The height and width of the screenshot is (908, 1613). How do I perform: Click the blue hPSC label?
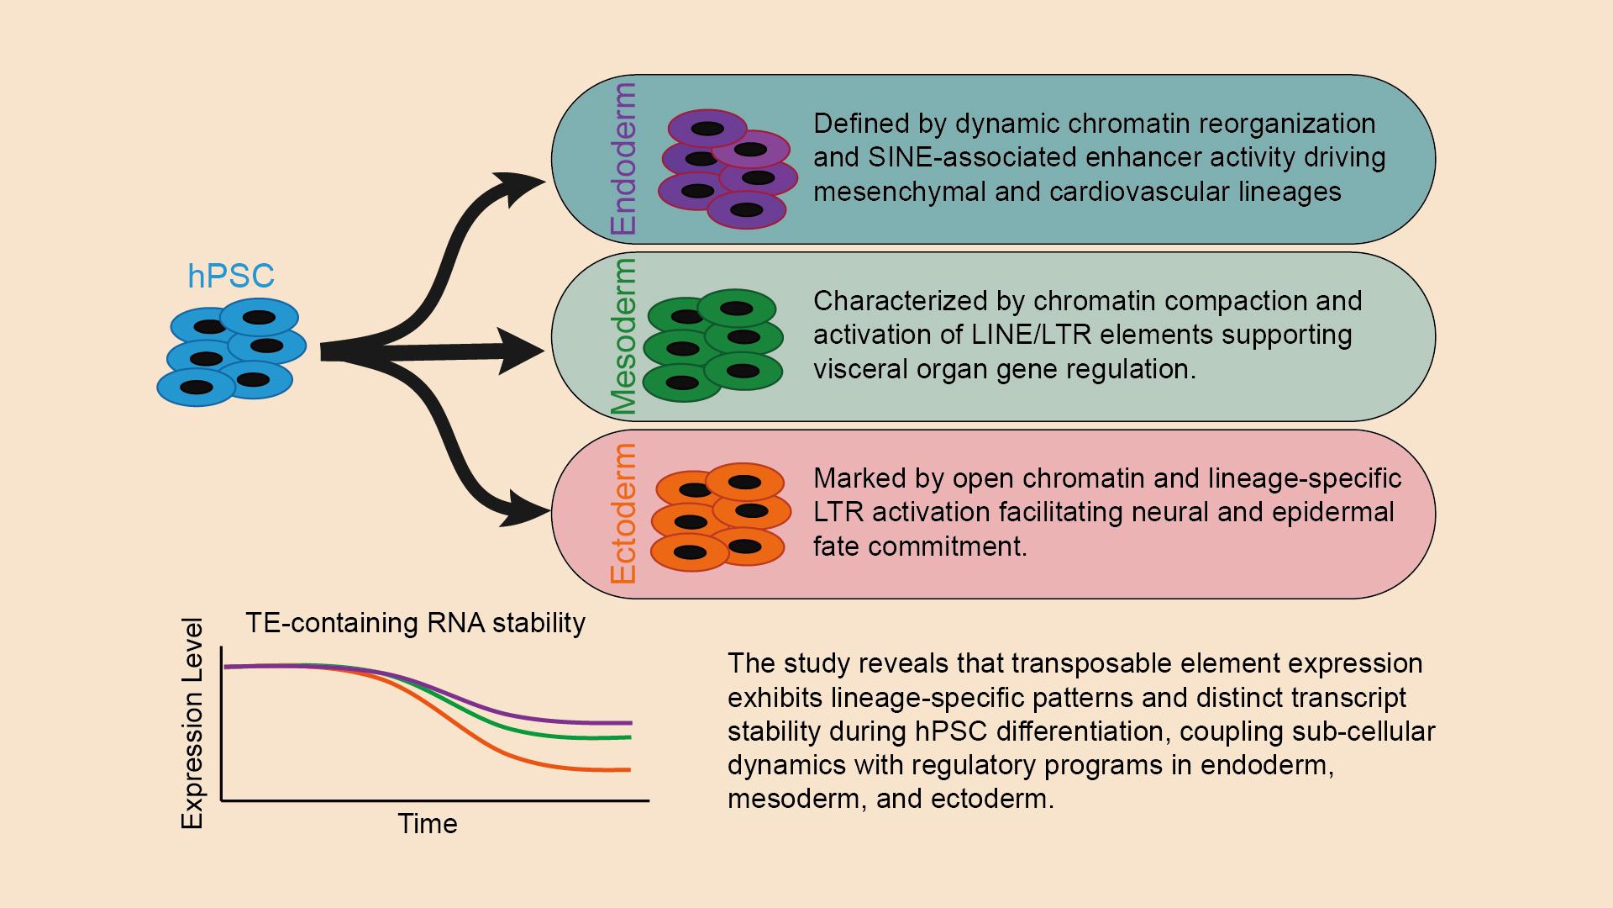click(x=231, y=276)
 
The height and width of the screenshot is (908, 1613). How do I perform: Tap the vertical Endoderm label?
click(x=624, y=159)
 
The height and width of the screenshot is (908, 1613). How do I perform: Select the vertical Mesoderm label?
click(x=624, y=337)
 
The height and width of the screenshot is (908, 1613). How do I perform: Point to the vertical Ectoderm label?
click(x=624, y=515)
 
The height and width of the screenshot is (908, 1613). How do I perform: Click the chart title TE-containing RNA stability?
click(x=415, y=623)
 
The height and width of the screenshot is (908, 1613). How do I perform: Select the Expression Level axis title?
click(x=192, y=724)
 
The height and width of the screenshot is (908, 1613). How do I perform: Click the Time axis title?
click(x=428, y=823)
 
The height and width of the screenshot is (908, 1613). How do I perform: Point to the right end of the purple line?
click(x=631, y=722)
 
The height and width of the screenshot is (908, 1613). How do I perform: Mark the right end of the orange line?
click(x=629, y=769)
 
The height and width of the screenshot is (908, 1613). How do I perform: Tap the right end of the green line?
click(x=630, y=737)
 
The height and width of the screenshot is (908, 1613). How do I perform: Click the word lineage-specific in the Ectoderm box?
click(x=1305, y=478)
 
